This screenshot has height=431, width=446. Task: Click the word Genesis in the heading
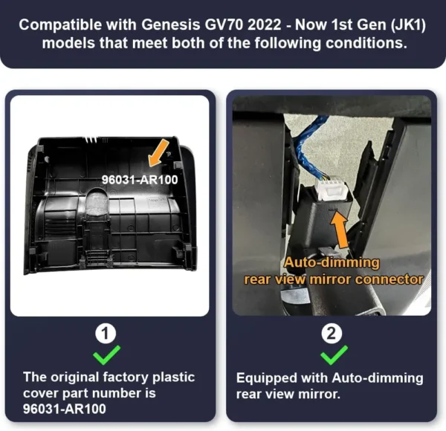171,25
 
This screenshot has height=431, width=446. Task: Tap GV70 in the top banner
224,25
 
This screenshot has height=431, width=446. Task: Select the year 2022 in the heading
264,25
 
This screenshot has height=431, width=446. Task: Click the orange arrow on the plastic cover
159,152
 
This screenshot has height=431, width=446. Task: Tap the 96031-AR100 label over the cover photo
140,180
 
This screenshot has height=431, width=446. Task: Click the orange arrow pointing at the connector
340,230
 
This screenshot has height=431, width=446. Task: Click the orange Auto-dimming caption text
332,262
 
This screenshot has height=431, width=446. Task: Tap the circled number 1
106,333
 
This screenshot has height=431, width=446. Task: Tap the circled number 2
332,333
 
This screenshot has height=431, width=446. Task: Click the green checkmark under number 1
106,356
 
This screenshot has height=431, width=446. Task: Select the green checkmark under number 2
333,356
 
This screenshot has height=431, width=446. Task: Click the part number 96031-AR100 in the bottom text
65,409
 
